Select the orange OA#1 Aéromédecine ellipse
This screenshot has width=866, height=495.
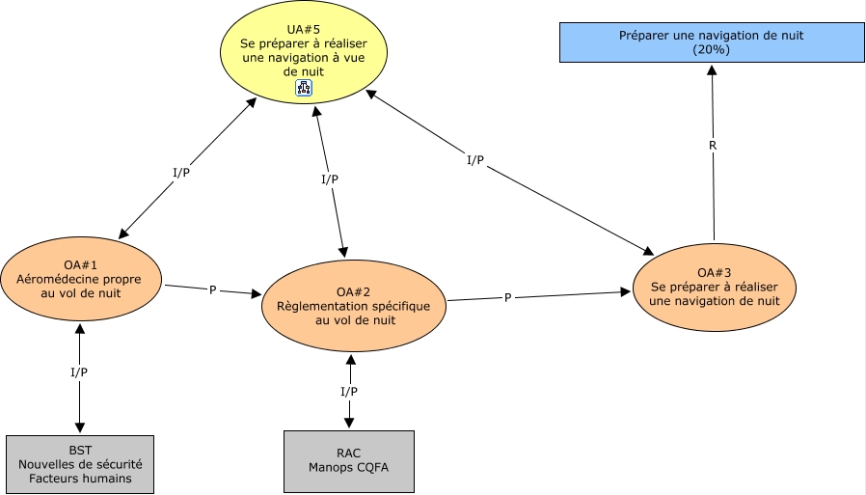[x=81, y=279]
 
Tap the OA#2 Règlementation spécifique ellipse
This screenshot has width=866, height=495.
[x=355, y=306]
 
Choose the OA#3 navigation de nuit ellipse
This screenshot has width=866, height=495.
[x=715, y=287]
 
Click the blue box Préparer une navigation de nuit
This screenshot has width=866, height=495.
[x=711, y=41]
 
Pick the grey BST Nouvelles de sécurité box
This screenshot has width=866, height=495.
[x=80, y=464]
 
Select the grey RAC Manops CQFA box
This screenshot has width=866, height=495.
[x=348, y=460]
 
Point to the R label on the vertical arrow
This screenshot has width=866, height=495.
[x=712, y=146]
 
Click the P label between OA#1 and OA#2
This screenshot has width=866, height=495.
[x=212, y=289]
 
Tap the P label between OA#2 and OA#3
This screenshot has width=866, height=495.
[x=508, y=298]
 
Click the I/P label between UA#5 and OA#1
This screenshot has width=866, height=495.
[x=181, y=173]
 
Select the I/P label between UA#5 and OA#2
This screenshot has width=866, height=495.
[x=329, y=179]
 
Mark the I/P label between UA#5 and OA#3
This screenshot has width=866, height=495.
[x=474, y=160]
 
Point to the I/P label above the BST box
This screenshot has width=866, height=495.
[x=79, y=371]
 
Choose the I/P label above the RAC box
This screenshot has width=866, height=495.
[x=349, y=391]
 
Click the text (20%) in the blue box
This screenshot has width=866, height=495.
[x=711, y=49]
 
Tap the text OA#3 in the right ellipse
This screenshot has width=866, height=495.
[x=715, y=273]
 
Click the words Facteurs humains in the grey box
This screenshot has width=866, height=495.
[x=80, y=478]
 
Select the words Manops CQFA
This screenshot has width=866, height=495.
[x=348, y=468]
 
